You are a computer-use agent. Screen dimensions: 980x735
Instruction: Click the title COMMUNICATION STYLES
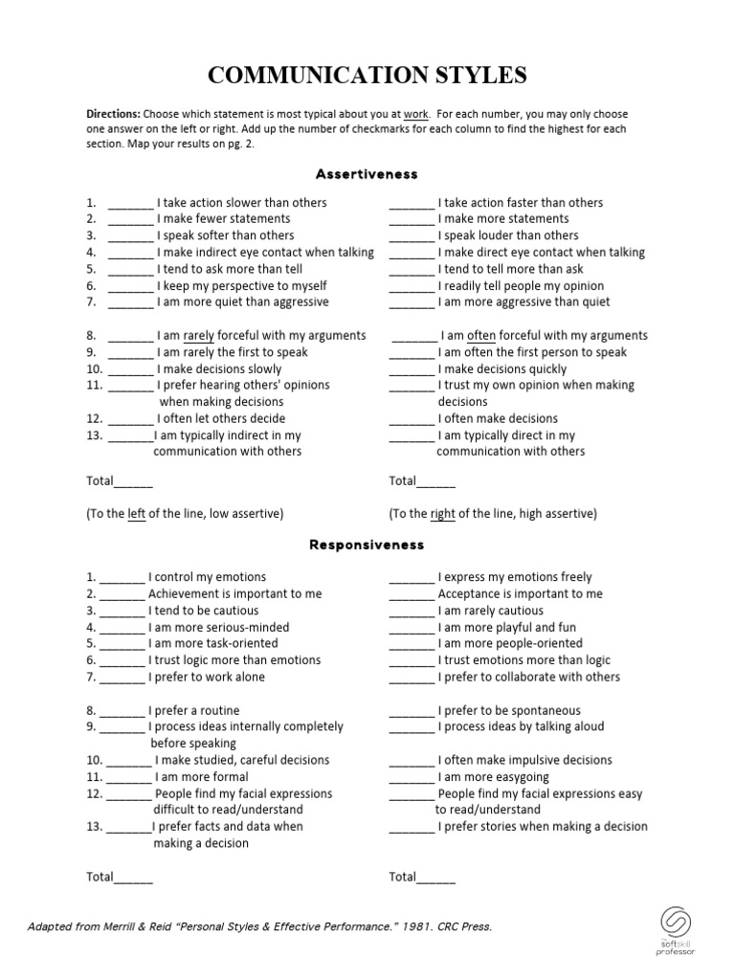point(367,76)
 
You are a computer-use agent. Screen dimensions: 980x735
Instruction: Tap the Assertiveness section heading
point(367,174)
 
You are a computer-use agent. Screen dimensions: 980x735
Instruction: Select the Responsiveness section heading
point(367,545)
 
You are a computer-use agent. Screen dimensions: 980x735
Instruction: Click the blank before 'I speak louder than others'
point(412,236)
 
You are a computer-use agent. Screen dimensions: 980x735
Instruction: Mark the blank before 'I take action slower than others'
point(130,204)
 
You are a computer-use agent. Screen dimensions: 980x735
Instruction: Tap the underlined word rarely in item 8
point(199,336)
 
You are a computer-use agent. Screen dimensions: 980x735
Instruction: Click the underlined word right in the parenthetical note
point(443,514)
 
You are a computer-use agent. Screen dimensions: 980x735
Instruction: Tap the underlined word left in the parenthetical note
point(137,514)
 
